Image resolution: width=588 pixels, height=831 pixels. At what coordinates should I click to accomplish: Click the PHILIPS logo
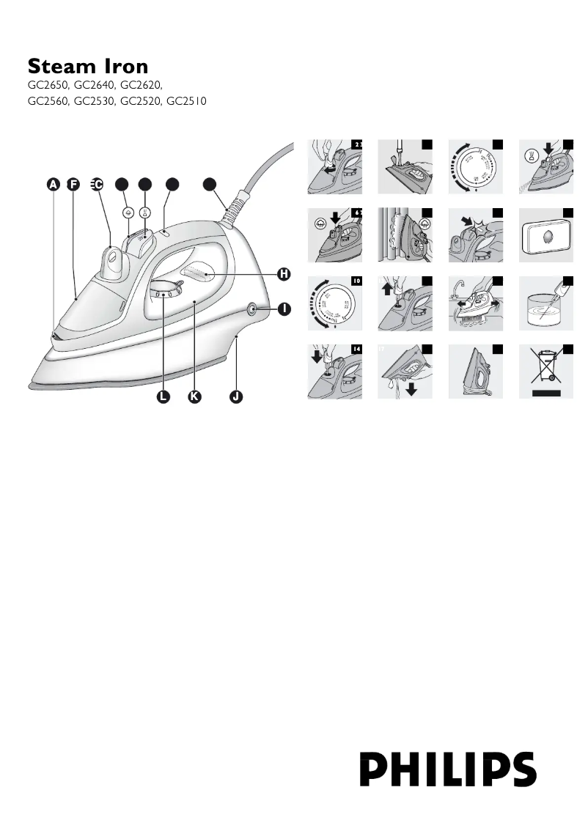(448, 769)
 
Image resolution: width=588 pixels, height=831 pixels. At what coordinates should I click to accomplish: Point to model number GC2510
(187, 101)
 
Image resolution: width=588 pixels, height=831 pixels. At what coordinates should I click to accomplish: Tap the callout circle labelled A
(54, 185)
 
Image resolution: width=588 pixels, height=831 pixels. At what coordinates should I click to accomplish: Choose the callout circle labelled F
(73, 185)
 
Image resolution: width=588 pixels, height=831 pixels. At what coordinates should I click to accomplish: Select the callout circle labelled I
(283, 309)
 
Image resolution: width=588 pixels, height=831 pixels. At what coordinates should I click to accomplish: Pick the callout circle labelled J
(235, 396)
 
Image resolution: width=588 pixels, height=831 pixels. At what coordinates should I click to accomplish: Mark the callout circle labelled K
(194, 396)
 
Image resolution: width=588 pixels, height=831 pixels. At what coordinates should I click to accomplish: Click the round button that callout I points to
(253, 309)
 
